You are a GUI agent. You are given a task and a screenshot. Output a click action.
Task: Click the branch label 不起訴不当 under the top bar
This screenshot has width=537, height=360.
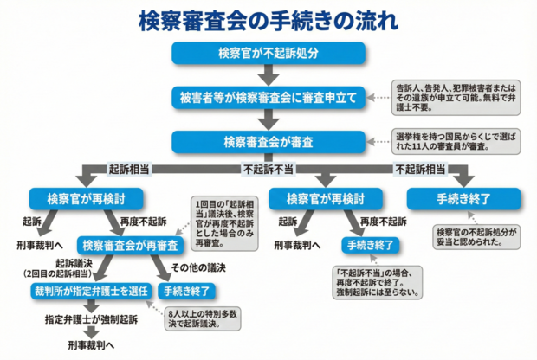265,170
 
